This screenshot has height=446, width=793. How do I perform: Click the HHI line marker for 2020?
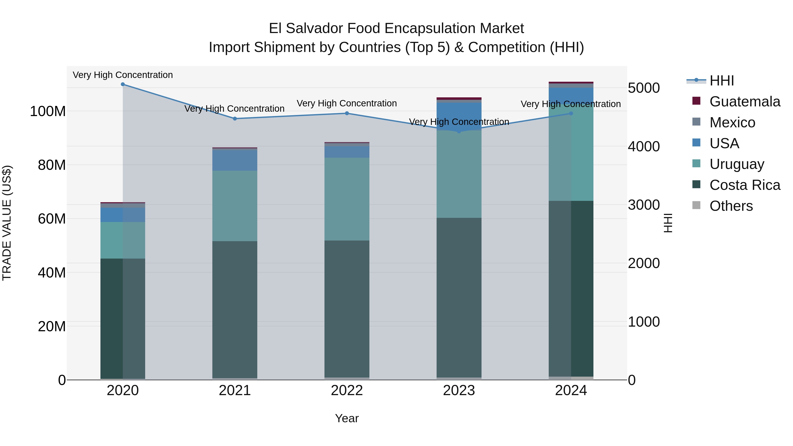pos(123,84)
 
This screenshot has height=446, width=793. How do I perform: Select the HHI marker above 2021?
pos(235,119)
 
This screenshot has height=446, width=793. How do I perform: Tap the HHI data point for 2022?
pos(347,113)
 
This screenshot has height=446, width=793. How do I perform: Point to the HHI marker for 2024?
pos(571,114)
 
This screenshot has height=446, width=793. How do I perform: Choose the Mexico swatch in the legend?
pos(696,122)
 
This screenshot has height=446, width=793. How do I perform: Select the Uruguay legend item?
pos(737,164)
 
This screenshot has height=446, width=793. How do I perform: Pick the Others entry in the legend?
pos(731,206)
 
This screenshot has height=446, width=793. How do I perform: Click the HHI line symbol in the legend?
pos(696,81)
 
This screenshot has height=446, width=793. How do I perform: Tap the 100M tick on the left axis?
pos(48,111)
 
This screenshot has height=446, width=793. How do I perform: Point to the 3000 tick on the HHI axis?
pos(644,205)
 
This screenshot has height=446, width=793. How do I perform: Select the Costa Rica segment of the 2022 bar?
pos(347,308)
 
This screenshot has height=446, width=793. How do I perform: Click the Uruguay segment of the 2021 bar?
pos(235,206)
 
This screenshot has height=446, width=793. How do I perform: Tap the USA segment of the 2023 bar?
pos(459,116)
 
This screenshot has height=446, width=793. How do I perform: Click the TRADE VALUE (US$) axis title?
pos(7,223)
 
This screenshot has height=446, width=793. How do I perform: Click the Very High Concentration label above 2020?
pos(123,75)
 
